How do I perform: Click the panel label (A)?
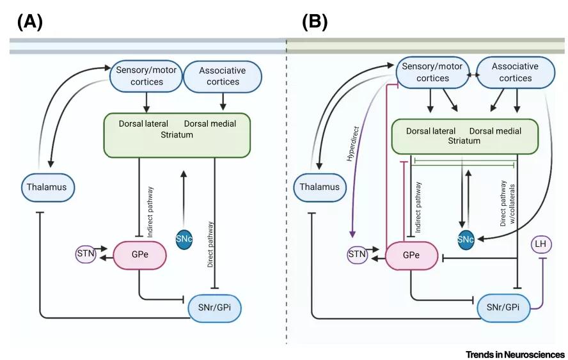[29, 22]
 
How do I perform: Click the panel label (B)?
[315, 22]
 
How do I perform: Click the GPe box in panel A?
[140, 254]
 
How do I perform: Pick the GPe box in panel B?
[411, 255]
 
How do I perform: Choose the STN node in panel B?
[358, 255]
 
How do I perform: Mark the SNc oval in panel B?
[466, 239]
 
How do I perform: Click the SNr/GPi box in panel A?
[215, 308]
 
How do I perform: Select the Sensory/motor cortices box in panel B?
[432, 72]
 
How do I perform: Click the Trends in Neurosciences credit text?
[516, 354]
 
